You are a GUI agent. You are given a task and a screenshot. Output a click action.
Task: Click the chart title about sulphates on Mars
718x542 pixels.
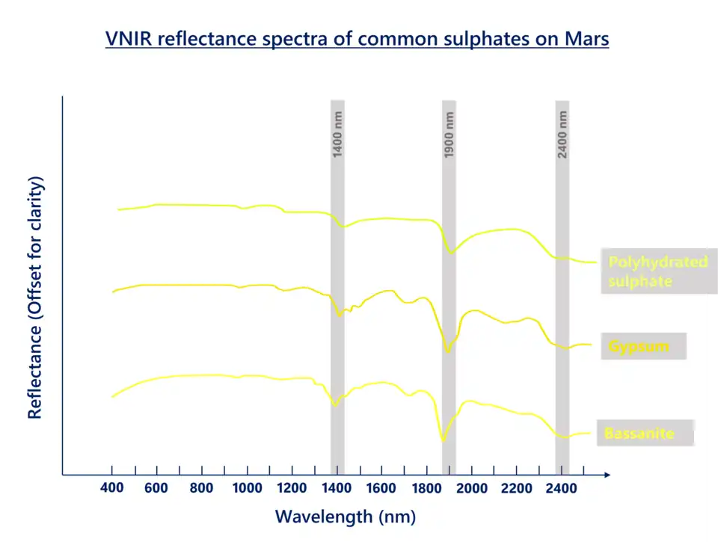[x=358, y=39]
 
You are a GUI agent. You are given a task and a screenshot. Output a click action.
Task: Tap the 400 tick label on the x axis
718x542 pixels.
[x=112, y=488]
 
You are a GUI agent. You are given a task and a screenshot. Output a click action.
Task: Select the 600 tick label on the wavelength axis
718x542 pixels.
[x=157, y=488]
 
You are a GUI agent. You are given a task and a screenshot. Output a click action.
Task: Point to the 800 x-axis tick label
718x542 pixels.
[x=202, y=488]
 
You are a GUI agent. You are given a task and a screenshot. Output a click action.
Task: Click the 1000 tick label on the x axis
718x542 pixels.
[x=247, y=488]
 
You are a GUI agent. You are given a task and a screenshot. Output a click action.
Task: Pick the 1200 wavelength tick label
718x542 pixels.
[x=292, y=488]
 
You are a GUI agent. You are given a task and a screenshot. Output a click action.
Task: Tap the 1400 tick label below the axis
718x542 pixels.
[x=337, y=488]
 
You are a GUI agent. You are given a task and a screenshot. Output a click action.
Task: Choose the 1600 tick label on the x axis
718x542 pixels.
[x=381, y=488]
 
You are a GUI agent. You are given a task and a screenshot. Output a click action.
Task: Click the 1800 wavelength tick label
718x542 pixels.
[x=426, y=488]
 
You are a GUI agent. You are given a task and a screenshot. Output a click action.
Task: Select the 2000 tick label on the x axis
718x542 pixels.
[x=471, y=488]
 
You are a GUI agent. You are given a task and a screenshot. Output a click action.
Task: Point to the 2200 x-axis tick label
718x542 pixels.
[x=516, y=488]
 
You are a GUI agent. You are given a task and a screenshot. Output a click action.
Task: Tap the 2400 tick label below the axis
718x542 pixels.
[x=561, y=488]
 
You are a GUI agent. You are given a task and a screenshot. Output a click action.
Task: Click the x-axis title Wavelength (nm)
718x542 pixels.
[x=346, y=516]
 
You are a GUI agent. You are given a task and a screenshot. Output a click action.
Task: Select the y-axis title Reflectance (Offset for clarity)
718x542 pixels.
[x=35, y=298]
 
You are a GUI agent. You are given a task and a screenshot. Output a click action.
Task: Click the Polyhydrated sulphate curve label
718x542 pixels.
[x=657, y=271]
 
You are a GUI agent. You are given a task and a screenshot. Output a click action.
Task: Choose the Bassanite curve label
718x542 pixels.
[x=639, y=434]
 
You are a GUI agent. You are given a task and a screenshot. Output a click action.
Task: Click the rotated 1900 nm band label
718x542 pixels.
[x=449, y=135]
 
